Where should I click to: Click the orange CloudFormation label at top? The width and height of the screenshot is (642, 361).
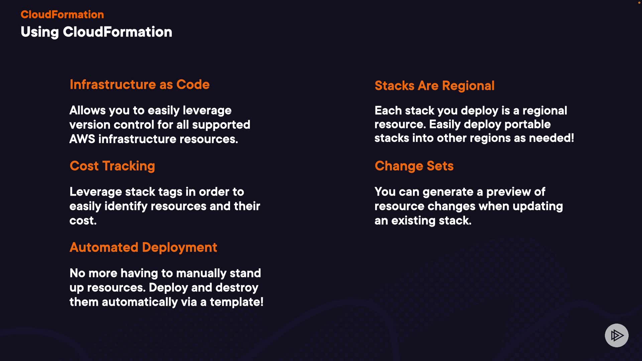(x=62, y=14)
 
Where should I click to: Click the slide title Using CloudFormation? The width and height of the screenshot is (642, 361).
(x=96, y=32)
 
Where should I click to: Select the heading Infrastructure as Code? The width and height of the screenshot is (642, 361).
(x=139, y=84)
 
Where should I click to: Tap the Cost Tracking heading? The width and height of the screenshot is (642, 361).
(x=112, y=166)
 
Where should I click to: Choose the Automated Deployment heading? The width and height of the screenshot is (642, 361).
(x=143, y=248)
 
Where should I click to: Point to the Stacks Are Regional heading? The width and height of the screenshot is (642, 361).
(x=434, y=86)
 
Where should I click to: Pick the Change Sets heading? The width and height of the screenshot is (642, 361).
(x=414, y=166)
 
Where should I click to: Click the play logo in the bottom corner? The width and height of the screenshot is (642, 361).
(x=617, y=335)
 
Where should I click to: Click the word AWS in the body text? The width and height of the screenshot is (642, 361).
(x=82, y=139)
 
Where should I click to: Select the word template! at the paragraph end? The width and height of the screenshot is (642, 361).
(x=236, y=302)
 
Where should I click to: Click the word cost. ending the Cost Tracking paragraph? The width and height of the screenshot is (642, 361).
(x=83, y=221)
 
